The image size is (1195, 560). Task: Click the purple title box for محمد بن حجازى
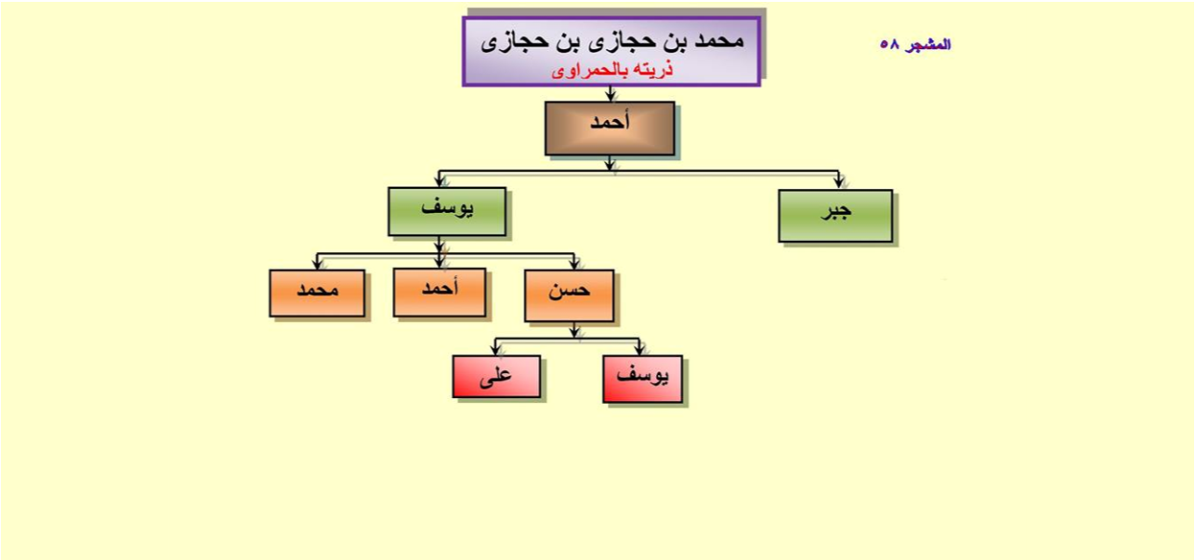click(611, 51)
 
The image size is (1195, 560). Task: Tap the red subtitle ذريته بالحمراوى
click(612, 70)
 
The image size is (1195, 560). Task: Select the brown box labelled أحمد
click(610, 128)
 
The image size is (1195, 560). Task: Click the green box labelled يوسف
click(447, 211)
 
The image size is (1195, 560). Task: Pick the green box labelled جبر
click(835, 216)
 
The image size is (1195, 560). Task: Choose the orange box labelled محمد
click(318, 293)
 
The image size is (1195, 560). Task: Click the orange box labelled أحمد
click(440, 292)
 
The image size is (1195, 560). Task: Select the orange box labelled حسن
click(570, 295)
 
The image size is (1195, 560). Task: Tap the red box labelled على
click(496, 377)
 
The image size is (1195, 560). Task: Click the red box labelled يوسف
click(642, 379)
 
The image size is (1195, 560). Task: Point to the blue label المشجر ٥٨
click(915, 45)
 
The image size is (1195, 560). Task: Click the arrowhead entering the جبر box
click(838, 182)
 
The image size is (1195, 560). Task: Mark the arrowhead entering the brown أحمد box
click(611, 96)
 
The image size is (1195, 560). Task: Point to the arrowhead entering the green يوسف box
click(439, 180)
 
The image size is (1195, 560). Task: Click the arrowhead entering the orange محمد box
click(318, 263)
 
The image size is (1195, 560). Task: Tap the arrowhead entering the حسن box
click(574, 263)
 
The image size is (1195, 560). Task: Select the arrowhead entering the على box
click(495, 349)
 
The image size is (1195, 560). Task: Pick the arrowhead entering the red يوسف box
click(639, 349)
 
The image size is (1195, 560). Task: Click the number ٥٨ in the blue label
click(888, 45)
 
